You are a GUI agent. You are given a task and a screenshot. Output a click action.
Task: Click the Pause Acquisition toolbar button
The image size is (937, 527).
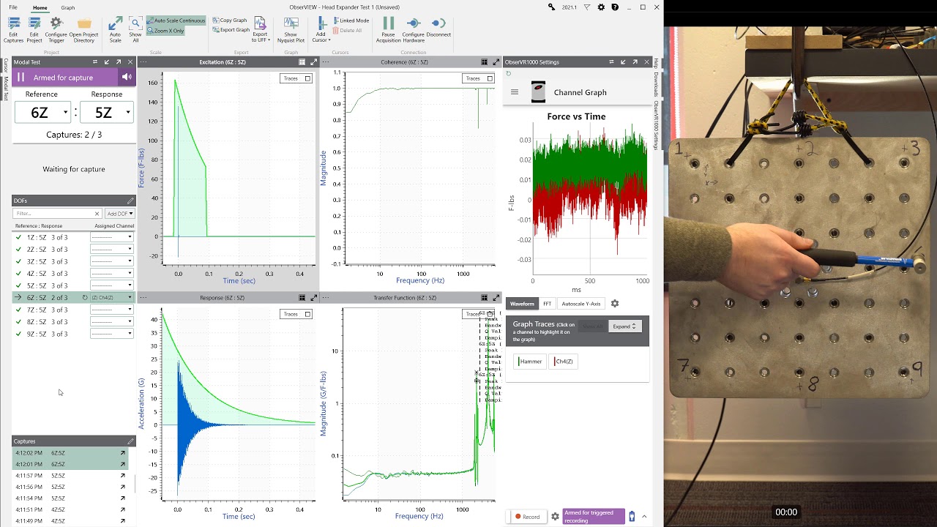(388, 29)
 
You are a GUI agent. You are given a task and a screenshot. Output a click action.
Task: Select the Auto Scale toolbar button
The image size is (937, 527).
(115, 29)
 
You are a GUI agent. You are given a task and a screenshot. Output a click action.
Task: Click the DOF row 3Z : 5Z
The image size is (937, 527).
(47, 261)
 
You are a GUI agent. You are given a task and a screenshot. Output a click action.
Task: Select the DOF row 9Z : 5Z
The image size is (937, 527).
(47, 334)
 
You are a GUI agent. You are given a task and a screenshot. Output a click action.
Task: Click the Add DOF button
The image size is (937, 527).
(120, 214)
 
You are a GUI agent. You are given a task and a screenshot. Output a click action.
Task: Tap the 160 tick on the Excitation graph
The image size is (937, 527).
(152, 83)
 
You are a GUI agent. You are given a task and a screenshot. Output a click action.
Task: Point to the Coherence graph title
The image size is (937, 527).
(404, 62)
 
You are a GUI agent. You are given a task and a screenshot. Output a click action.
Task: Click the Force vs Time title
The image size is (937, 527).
(576, 116)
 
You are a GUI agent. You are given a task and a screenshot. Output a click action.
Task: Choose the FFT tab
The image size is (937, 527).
(547, 304)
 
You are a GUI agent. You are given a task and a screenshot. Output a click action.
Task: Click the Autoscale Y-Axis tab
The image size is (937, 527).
(581, 304)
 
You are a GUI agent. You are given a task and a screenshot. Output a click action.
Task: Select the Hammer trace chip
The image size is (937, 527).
(530, 362)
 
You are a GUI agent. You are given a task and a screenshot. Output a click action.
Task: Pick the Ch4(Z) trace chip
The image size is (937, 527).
(563, 362)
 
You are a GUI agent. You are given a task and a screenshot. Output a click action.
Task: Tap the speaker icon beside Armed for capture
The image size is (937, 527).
(127, 78)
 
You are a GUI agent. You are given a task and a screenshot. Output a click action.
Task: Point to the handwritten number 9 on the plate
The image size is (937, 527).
(916, 370)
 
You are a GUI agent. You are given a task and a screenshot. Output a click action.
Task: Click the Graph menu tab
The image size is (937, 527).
(67, 7)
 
